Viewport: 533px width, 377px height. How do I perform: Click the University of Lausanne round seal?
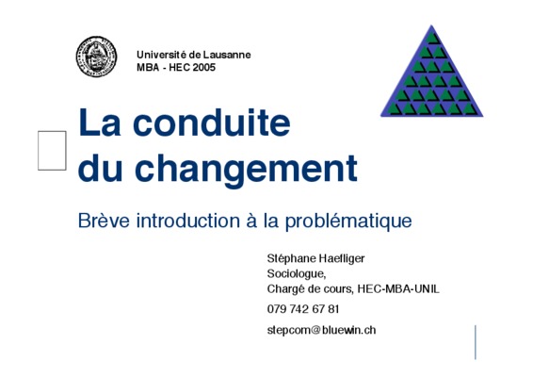click(x=97, y=57)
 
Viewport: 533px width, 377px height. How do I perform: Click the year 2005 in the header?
click(x=204, y=67)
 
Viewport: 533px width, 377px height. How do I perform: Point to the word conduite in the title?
click(x=212, y=123)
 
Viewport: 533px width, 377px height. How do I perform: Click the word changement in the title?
click(x=246, y=168)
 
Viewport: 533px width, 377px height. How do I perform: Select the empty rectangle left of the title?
click(x=52, y=151)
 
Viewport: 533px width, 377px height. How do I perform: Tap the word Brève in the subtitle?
click(x=104, y=221)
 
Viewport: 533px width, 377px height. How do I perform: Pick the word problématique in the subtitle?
click(x=348, y=221)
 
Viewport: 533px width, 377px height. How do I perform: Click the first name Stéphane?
click(x=291, y=258)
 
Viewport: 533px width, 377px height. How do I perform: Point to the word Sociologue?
click(x=297, y=274)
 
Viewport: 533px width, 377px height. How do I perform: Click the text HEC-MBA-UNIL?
click(x=398, y=289)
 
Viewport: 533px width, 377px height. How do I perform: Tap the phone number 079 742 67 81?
click(x=303, y=309)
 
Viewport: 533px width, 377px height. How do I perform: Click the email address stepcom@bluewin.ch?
click(x=321, y=330)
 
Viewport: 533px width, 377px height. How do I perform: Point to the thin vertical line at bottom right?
click(x=476, y=342)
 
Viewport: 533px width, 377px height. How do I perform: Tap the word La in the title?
click(x=99, y=123)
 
